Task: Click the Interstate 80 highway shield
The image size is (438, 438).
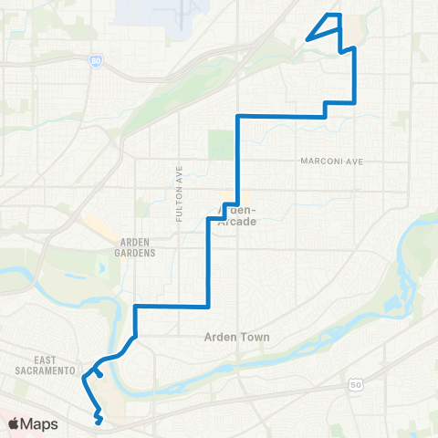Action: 97,61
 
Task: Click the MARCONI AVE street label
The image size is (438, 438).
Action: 331,161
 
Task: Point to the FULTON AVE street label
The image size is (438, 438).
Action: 179,193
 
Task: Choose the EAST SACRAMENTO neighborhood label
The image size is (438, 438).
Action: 43,365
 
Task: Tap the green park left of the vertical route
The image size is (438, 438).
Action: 221,144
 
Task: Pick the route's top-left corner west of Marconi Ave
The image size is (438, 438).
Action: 238,116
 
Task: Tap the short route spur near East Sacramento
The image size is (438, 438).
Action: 98,372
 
